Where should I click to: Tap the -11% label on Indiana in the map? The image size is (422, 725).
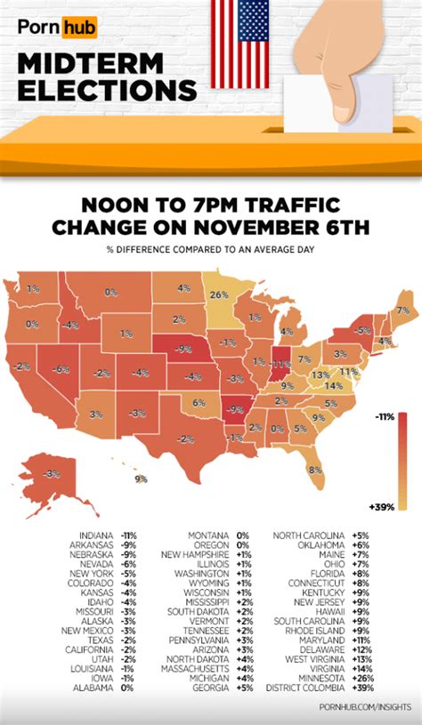click(x=281, y=364)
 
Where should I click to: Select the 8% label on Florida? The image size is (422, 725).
click(x=314, y=471)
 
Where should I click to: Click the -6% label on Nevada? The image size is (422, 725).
click(x=61, y=369)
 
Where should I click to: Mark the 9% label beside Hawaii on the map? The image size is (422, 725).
click(x=141, y=479)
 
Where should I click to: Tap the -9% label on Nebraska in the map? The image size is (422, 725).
click(x=183, y=350)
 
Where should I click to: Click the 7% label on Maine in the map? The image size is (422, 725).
click(x=402, y=310)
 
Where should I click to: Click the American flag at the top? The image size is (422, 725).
click(x=239, y=42)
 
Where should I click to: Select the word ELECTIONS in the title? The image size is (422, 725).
click(x=106, y=91)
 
